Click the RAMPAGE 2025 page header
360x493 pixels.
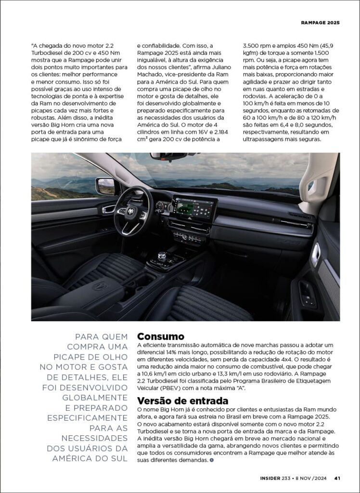point(320,23)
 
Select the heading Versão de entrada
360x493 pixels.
point(182,401)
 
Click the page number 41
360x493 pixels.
point(337,478)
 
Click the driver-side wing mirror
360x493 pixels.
point(105,185)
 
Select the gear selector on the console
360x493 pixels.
point(162,256)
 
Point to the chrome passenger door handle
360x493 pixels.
point(315,254)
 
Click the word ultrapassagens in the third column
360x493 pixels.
point(265,140)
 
